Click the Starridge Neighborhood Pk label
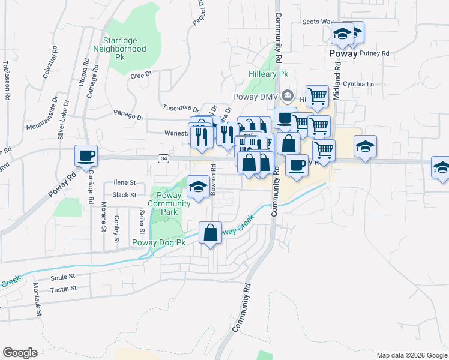pyautogui.click(x=124, y=49)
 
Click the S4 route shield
pyautogui.click(x=163, y=158)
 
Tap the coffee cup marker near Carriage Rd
pyautogui.click(x=86, y=155)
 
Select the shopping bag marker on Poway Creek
pyautogui.click(x=211, y=233)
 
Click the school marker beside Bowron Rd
pyautogui.click(x=198, y=187)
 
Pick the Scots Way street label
pyautogui.click(x=318, y=22)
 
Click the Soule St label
pyautogui.click(x=62, y=277)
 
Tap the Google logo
pyautogui.click(x=20, y=353)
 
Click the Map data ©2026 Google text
pyautogui.click(x=411, y=355)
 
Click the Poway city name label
pyautogui.click(x=343, y=53)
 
